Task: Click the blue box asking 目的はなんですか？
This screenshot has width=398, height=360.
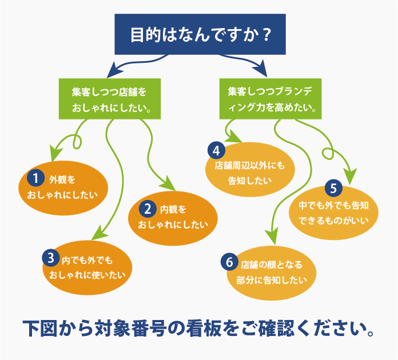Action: coord(200,34)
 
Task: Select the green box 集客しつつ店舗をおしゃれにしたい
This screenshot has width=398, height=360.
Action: coord(110,99)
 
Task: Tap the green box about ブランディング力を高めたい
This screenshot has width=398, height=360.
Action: coord(270,99)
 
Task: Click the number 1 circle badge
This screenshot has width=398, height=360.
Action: coord(36,178)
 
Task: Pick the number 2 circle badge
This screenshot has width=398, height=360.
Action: coord(148,209)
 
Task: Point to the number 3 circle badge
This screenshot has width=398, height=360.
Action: coord(51,258)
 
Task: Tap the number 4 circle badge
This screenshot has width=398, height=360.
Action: coord(216,150)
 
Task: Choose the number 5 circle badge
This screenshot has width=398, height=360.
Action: coord(333,188)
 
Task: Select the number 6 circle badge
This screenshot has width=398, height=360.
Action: coord(229,262)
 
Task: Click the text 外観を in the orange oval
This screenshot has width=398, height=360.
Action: coord(62,179)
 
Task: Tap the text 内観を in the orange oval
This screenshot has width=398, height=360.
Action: coord(173,209)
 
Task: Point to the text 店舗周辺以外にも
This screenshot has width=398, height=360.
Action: coord(250,166)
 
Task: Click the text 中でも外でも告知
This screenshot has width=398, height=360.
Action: coord(333,206)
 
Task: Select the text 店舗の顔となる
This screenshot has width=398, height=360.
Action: coord(272,265)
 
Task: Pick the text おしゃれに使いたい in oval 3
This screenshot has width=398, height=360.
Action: coord(87,275)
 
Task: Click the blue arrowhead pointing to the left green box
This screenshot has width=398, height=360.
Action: coord(114,70)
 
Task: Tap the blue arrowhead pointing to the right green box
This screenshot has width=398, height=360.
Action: coord(260,69)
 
